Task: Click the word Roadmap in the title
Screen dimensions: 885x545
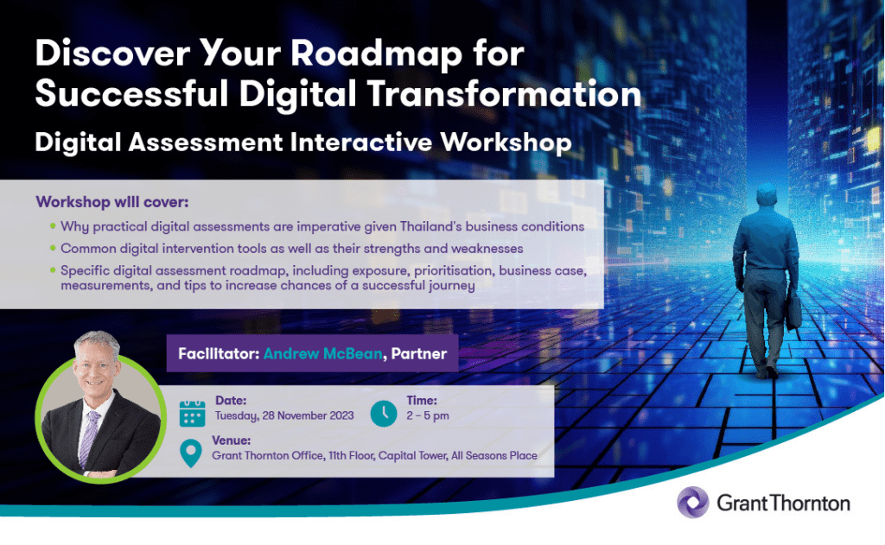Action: tap(377, 54)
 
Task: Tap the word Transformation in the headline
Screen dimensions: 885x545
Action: tap(504, 93)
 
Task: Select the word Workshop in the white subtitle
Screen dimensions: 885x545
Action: tap(506, 143)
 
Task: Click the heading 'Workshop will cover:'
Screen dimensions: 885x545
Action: tap(112, 202)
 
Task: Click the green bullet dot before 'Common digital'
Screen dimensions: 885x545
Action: tap(53, 248)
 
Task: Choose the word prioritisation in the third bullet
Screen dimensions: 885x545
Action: tap(455, 270)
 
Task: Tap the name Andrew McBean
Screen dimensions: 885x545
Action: tap(323, 354)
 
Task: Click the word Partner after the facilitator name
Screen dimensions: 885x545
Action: tap(419, 354)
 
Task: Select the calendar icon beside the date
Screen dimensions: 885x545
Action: tap(192, 413)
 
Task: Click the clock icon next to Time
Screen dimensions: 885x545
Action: tap(384, 414)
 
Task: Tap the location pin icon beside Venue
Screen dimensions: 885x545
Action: tap(191, 453)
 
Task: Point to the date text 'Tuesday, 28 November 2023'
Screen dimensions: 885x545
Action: tap(284, 415)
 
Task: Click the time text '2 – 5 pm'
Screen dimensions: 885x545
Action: tap(428, 415)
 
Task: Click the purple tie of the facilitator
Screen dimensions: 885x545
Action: tap(89, 437)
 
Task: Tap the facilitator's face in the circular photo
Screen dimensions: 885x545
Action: tap(97, 371)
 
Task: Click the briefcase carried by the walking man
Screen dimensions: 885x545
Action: tap(793, 310)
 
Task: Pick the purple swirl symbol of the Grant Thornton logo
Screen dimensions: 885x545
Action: tap(692, 502)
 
